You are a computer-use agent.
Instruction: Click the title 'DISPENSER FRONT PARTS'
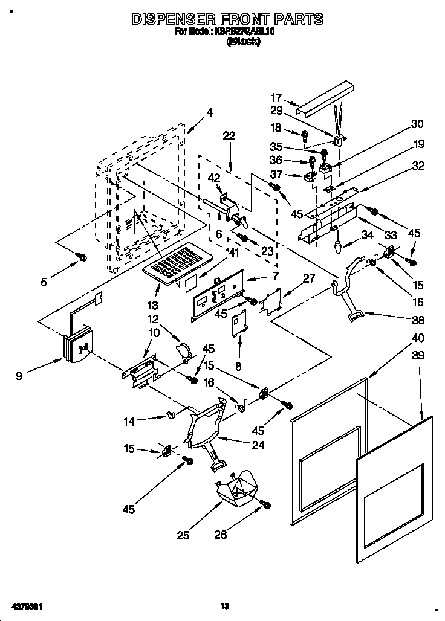point(227,19)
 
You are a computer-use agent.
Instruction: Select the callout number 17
point(276,97)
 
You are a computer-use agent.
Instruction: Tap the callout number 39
point(418,357)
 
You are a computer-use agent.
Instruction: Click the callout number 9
point(20,376)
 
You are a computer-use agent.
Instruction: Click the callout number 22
point(229,137)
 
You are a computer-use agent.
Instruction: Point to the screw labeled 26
point(265,504)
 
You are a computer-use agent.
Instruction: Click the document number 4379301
point(25,605)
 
